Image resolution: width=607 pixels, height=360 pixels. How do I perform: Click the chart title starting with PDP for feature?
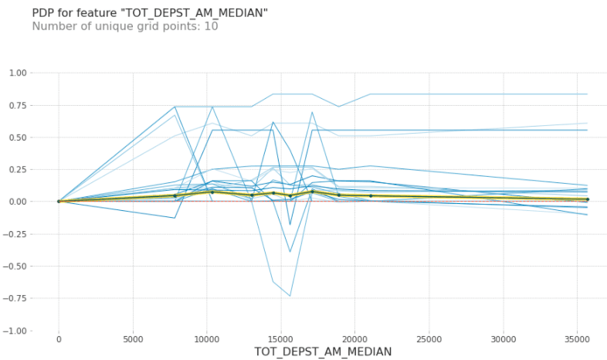click(x=150, y=13)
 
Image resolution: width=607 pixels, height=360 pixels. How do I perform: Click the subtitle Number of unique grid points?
click(x=124, y=26)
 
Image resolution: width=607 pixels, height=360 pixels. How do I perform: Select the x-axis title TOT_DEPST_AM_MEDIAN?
click(x=323, y=352)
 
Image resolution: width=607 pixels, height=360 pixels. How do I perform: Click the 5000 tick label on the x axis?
click(x=133, y=338)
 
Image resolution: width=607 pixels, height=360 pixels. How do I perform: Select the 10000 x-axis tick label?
click(x=207, y=338)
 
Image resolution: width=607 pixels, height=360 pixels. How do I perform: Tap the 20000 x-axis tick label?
click(x=355, y=338)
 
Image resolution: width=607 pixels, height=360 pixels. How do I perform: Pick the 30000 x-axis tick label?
click(x=504, y=338)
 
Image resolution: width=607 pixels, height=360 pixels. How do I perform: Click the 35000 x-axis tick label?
click(x=578, y=338)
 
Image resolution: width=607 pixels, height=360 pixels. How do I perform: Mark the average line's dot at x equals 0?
click(x=59, y=202)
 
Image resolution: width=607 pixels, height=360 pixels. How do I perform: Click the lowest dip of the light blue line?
click(x=290, y=296)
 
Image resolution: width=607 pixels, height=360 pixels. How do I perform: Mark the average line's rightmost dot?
click(x=587, y=199)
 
